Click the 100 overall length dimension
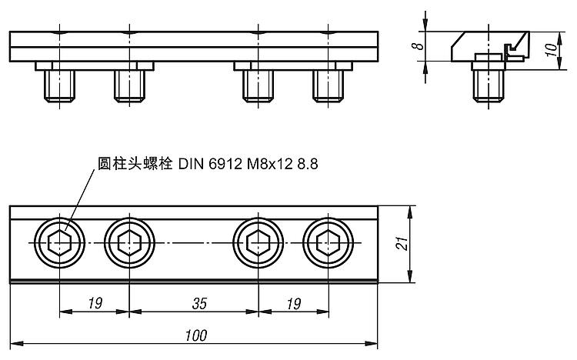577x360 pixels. [196, 335]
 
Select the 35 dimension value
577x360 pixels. [199, 304]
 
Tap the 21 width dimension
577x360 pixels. [402, 244]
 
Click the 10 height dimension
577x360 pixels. [551, 50]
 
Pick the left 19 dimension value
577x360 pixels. [95, 304]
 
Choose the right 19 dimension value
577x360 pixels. [294, 304]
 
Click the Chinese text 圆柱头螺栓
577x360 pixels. [135, 164]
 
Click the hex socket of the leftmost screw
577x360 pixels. [59, 243]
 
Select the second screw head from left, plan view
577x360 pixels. [129, 243]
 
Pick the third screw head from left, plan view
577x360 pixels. [258, 243]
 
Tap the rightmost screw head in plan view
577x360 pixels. [329, 243]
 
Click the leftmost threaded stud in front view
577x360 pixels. [59, 86]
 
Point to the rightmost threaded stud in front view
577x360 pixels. [329, 86]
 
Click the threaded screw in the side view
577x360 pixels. [489, 86]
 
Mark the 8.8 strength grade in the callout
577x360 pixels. [308, 164]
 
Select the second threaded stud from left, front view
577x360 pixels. [129, 86]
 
